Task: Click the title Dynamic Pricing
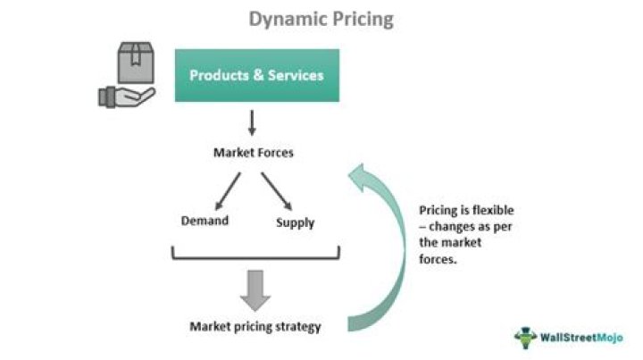(x=321, y=19)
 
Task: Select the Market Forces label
(x=253, y=152)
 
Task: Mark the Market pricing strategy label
(x=255, y=326)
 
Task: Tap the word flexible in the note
(x=494, y=211)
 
